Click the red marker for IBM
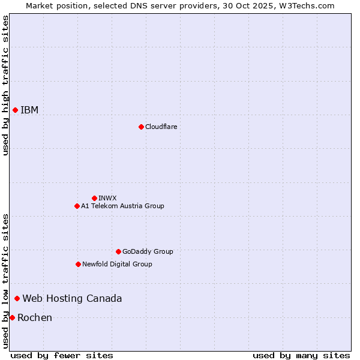tap(15, 110)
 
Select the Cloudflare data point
tap(141, 127)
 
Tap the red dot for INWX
tap(94, 198)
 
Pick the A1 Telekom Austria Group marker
tap(77, 206)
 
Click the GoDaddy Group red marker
tap(118, 251)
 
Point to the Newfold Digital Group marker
tap(78, 264)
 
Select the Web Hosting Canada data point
tap(17, 298)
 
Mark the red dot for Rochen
tap(12, 317)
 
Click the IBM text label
tap(29, 110)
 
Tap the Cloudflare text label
tap(161, 127)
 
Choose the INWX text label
tap(107, 198)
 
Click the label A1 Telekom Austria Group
tap(122, 206)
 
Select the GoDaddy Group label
tap(148, 251)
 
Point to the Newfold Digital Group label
tap(117, 264)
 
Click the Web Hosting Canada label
tap(72, 298)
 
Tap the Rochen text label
tap(35, 317)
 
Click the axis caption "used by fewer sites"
tap(62, 355)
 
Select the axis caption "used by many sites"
tap(301, 355)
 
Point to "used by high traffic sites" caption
tap(5, 85)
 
